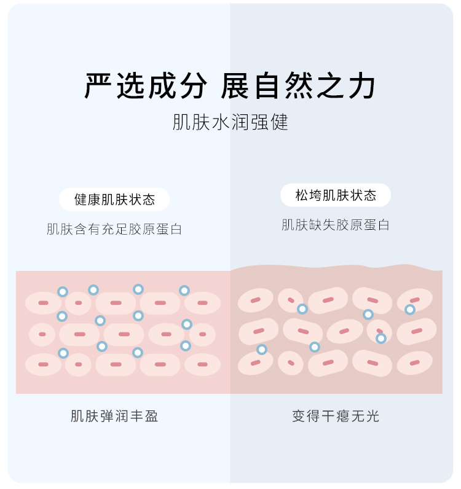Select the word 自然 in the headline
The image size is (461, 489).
point(285,87)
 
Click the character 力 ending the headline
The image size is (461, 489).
point(362,87)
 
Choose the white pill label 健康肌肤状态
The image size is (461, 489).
point(114,200)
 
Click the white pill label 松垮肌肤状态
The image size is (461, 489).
point(336,195)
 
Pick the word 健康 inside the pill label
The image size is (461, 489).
point(87,200)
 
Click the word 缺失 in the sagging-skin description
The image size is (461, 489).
point(322,225)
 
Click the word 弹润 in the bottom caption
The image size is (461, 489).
point(114,416)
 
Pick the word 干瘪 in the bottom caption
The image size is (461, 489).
point(336,416)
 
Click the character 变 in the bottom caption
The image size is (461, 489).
point(299,416)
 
